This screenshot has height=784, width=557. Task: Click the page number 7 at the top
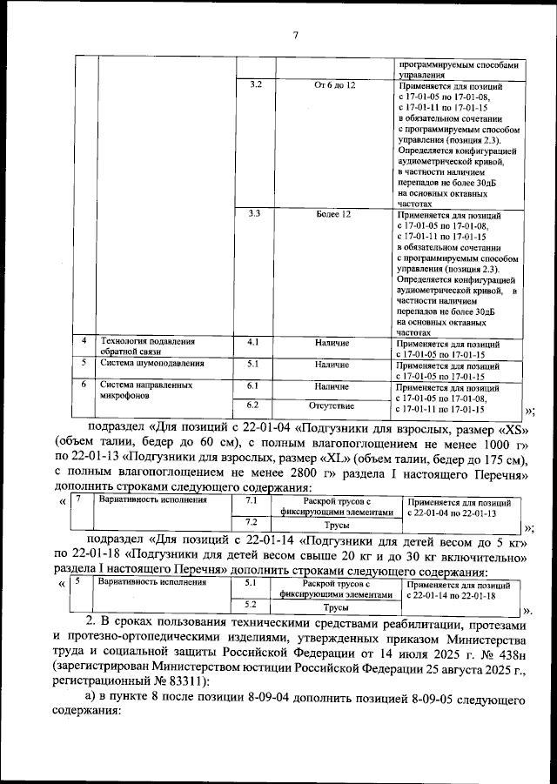[295, 36]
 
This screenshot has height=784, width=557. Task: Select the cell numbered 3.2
[255, 84]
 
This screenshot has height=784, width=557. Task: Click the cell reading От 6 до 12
[334, 84]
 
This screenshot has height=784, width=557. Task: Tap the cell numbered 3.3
[255, 213]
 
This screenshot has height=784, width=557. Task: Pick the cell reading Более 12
[334, 213]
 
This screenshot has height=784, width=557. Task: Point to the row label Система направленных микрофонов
[144, 389]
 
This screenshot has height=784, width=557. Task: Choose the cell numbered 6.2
[254, 405]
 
